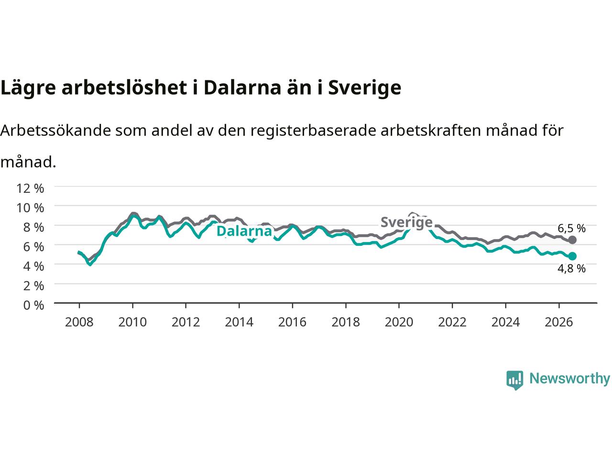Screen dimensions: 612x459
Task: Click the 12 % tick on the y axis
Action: tap(30, 188)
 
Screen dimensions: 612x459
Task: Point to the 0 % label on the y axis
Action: tap(33, 306)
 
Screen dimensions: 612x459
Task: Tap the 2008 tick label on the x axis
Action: tap(79, 322)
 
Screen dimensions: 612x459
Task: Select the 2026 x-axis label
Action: tap(558, 322)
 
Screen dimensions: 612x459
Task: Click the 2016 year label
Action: tap(292, 322)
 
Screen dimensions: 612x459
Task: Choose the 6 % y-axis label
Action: tap(33, 247)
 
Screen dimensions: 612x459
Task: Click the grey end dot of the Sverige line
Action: tap(572, 240)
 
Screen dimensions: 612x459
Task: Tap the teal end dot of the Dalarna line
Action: tap(572, 256)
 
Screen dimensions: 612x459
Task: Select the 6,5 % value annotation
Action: tap(571, 229)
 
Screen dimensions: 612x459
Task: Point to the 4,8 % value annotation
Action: tap(571, 269)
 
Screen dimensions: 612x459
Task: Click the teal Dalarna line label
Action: tap(244, 231)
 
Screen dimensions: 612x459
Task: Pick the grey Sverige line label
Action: tap(406, 222)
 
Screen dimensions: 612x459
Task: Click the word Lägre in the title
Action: tap(28, 88)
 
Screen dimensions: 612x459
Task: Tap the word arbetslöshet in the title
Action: tap(124, 87)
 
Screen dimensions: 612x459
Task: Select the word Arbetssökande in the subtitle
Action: tap(55, 131)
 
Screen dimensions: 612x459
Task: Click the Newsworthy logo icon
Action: tap(514, 380)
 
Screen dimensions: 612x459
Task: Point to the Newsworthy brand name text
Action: tap(569, 379)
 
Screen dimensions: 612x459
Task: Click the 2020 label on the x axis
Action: tap(399, 322)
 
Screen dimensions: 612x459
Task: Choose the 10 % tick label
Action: tap(30, 208)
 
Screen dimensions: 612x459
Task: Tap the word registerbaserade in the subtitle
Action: tap(313, 131)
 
